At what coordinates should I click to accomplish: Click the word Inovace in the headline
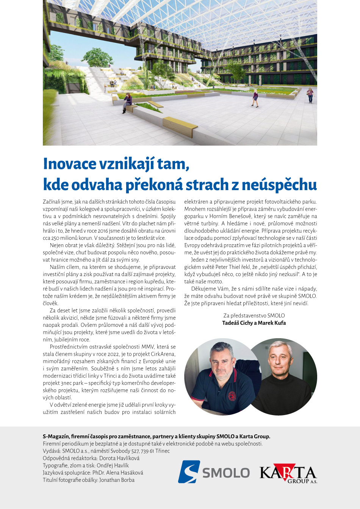click(70, 164)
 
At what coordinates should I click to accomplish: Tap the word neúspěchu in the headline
click(279, 185)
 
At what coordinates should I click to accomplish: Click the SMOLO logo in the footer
click(214, 472)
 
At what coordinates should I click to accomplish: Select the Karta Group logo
click(288, 473)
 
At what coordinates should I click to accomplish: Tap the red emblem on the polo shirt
click(232, 396)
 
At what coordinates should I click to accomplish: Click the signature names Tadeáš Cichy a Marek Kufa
click(254, 323)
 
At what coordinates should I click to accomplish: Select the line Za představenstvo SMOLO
click(254, 315)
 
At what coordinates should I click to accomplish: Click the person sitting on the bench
click(127, 102)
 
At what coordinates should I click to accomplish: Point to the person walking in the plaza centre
click(255, 98)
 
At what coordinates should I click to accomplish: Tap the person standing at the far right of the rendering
click(310, 95)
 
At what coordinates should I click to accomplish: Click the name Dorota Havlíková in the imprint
click(119, 458)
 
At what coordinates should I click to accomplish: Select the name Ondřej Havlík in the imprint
click(113, 465)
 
